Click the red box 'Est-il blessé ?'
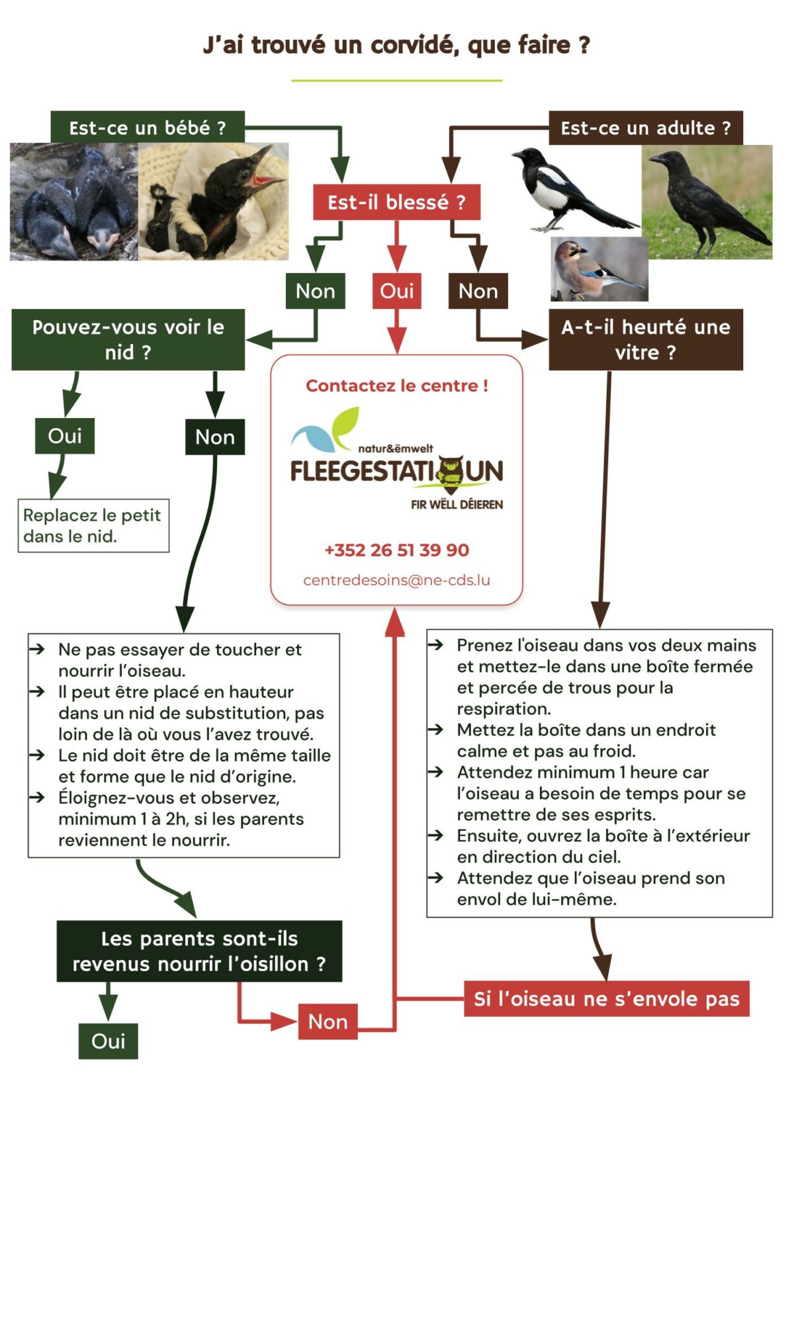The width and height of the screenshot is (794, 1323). click(396, 202)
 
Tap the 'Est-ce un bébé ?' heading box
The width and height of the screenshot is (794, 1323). click(148, 127)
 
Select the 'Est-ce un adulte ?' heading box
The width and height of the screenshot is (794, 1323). click(645, 128)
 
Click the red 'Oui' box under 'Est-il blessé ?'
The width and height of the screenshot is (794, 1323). click(396, 291)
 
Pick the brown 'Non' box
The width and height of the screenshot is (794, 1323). click(478, 291)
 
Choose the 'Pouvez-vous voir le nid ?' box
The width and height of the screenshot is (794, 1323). click(128, 339)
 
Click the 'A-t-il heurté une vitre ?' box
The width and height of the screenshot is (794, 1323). click(645, 339)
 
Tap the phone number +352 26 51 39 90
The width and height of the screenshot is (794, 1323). click(396, 550)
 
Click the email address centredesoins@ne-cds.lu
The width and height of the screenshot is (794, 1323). click(396, 580)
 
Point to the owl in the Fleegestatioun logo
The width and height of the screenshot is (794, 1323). click(451, 472)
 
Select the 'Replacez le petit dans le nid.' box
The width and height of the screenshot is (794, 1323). click(93, 526)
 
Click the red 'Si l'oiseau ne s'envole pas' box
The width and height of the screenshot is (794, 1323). click(606, 999)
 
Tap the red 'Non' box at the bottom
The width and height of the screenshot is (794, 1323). click(328, 1022)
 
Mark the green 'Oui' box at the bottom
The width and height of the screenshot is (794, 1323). click(108, 1041)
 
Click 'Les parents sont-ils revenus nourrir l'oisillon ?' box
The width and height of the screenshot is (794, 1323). click(199, 951)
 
